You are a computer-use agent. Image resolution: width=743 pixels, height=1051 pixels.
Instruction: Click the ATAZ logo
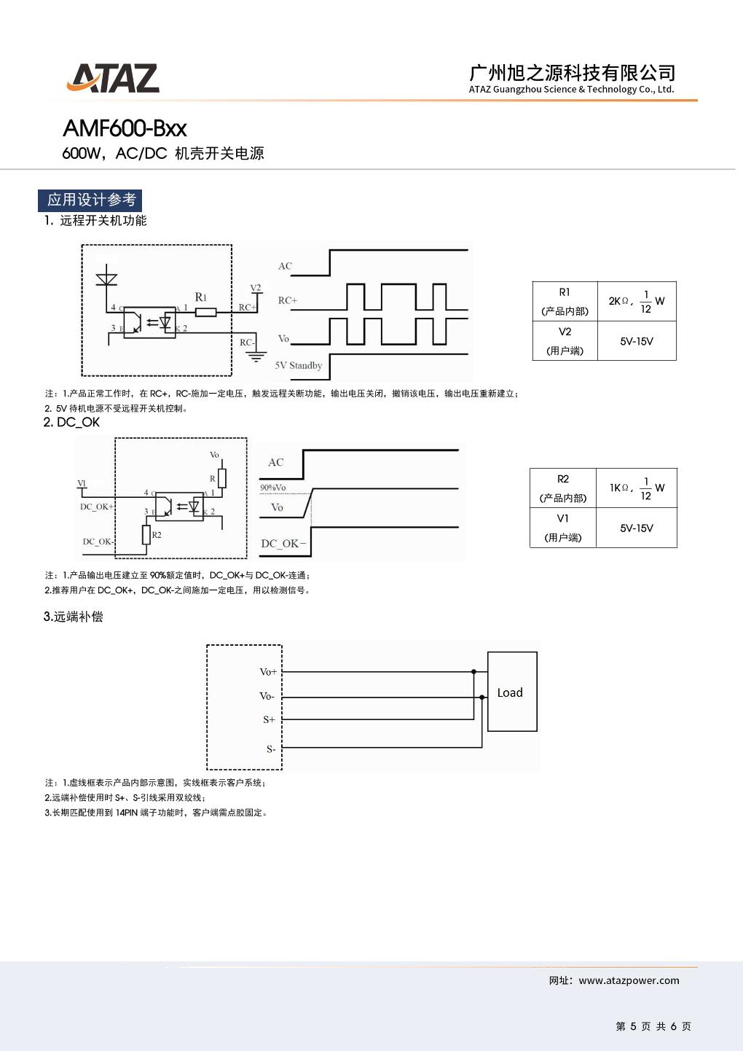pos(113,78)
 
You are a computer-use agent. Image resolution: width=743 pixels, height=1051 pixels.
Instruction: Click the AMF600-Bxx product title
pos(125,128)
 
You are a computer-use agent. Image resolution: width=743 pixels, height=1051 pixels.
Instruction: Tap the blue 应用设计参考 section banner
pos(90,200)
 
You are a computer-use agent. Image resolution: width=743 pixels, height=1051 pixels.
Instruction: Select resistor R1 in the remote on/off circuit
pos(206,312)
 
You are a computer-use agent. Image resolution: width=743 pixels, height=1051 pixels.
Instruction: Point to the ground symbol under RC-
pos(255,356)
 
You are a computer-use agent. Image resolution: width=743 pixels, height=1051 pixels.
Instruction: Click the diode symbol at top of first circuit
pos(107,277)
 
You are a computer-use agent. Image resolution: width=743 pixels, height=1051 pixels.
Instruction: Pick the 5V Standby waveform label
pos(298,365)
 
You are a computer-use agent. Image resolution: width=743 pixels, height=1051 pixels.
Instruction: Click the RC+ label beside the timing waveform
pos(287,300)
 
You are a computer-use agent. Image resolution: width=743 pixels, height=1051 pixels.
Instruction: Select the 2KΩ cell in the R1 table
pos(637,301)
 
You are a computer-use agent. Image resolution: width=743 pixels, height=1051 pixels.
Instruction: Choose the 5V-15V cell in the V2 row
pos(637,341)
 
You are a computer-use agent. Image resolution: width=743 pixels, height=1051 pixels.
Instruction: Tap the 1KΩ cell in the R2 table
pos(637,488)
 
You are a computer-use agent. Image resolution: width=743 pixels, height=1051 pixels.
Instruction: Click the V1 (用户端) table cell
pos(563,528)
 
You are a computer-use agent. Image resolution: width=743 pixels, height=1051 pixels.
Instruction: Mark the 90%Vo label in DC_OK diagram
pos(272,488)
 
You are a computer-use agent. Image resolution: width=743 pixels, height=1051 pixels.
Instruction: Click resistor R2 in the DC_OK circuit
pos(146,536)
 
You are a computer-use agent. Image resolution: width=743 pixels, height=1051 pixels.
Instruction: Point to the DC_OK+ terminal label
pos(96,507)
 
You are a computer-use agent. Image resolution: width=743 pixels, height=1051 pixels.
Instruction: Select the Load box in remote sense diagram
pos(512,692)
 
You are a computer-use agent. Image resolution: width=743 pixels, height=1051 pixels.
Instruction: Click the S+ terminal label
pos(269,719)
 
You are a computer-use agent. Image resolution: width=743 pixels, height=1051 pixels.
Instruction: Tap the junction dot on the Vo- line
pos(481,698)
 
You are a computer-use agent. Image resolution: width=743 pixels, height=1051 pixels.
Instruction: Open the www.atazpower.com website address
pos(629,980)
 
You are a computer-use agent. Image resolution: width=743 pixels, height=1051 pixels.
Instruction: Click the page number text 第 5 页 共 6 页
pos(653,1026)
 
